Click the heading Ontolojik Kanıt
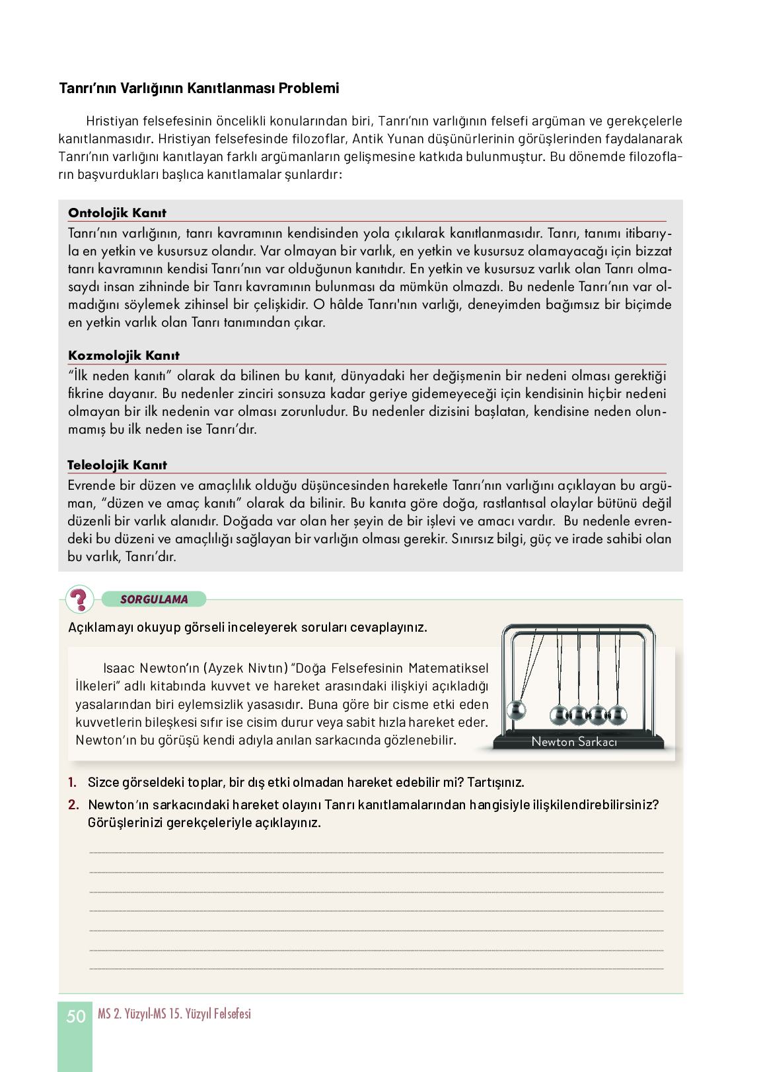coord(117,213)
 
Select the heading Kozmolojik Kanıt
coord(124,355)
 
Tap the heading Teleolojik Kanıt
coord(117,465)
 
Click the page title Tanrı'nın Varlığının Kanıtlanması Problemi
coord(199,88)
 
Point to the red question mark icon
coord(79,599)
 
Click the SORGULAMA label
coord(154,599)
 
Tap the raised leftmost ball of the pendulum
coord(515,711)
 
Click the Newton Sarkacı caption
coord(574,741)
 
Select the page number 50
coord(76,1016)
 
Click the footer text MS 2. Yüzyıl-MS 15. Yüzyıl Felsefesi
coord(174,1014)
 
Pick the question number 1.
coord(72,782)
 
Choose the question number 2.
coord(73,805)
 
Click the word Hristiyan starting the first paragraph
coord(112,121)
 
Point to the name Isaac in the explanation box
coord(119,668)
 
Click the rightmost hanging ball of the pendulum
coord(618,714)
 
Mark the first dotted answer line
coord(376,853)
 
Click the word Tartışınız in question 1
coord(495,782)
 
